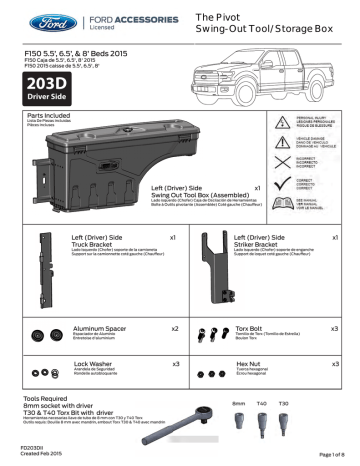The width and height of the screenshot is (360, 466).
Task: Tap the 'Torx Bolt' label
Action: click(251, 328)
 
